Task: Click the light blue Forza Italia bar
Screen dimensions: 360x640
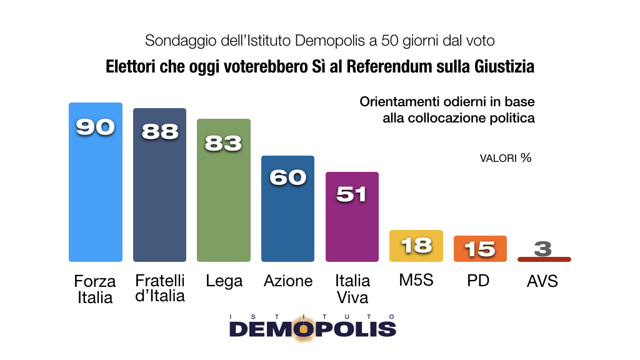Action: [x=95, y=187]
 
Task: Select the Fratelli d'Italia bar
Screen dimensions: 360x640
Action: [x=159, y=194]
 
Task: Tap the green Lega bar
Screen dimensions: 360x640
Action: [x=224, y=200]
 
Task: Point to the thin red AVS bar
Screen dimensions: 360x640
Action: [x=544, y=259]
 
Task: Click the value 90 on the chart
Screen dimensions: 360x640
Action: [x=95, y=127]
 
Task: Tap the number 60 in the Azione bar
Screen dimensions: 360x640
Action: [x=287, y=177]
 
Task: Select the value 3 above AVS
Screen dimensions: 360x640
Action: [x=543, y=249]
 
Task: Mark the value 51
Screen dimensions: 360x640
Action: [x=352, y=194]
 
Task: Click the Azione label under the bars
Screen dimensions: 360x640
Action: [x=287, y=281]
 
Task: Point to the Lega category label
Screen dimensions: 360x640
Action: [x=224, y=281]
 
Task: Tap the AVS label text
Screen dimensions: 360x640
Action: [x=542, y=282]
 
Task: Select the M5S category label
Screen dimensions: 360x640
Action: [x=416, y=281]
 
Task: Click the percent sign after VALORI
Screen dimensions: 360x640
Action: [x=526, y=157]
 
